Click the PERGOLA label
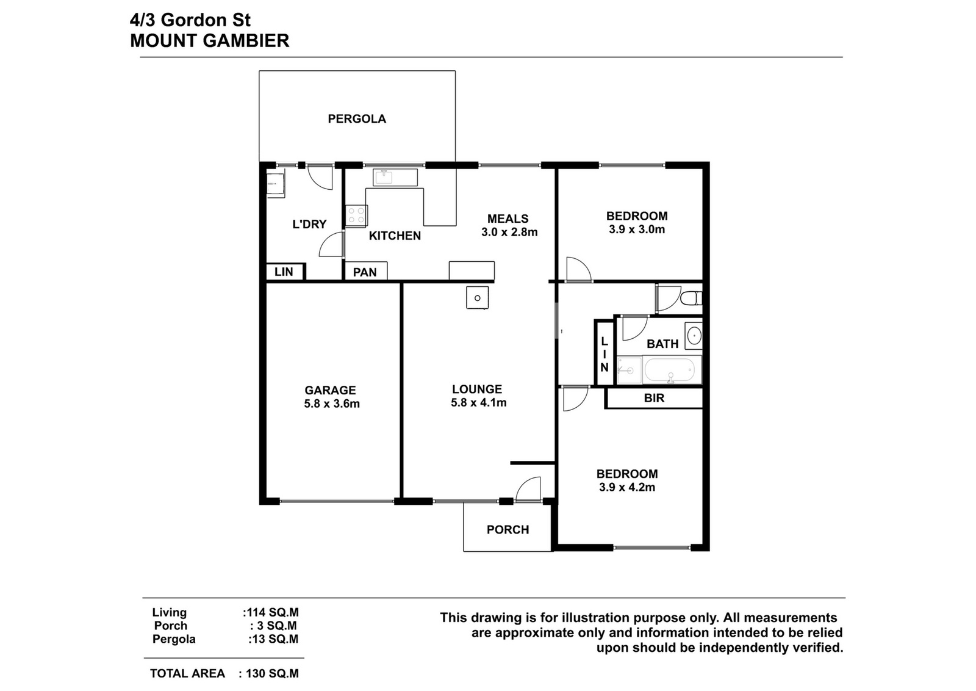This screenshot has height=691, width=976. pos(357,118)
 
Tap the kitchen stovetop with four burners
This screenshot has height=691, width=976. pos(356,216)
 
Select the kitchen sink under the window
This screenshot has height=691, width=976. pos(384,178)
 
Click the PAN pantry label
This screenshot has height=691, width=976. pos(365,272)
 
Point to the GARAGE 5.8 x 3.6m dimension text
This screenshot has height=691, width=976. pos(332,403)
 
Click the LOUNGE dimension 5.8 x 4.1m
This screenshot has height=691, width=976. pos(478,402)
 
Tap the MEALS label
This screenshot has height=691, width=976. pos(508,219)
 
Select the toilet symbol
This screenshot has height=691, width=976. pos(691,298)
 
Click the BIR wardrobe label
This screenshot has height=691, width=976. pos(654,398)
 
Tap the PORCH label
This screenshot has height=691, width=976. pos(508,530)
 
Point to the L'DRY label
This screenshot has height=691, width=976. pos(309,224)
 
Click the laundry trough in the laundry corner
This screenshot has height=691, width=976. pos(275,186)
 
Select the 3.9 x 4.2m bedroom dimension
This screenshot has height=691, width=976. pos(627,487)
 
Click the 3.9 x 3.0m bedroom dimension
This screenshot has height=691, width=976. pos(637,230)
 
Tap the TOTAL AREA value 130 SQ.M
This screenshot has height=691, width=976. pos(272,673)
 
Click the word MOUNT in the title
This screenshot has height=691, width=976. pos(163,40)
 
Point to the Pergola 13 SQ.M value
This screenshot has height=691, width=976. pos(274,639)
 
